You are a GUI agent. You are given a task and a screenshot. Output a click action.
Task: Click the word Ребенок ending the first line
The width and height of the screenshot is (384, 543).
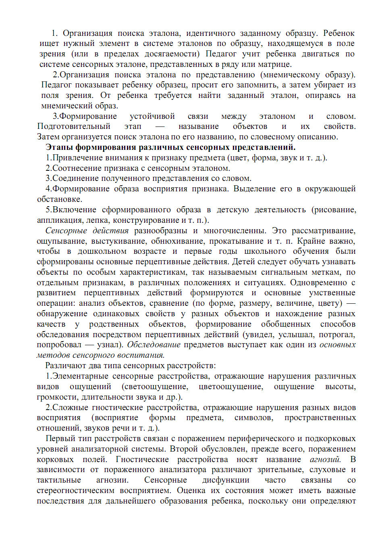pyautogui.click(x=338, y=33)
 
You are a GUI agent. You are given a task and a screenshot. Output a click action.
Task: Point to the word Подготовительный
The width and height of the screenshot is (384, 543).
pyautogui.click(x=74, y=126)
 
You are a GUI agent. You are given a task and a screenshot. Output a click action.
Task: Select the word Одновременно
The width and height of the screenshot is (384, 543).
pyautogui.click(x=318, y=282)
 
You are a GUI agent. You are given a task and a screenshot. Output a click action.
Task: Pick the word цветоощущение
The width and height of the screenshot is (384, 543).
pyautogui.click(x=230, y=386)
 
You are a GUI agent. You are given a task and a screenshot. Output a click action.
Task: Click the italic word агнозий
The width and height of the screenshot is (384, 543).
pyautogui.click(x=325, y=459)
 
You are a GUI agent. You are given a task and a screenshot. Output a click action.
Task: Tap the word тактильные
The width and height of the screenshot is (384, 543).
pyautogui.click(x=59, y=480)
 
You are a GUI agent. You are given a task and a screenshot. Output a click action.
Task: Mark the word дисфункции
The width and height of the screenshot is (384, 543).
pyautogui.click(x=226, y=480)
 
